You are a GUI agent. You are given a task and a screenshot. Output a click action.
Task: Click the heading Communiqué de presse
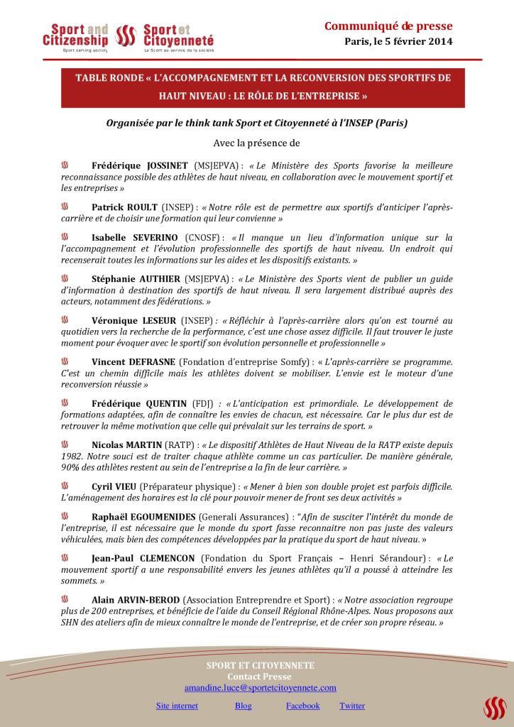click(x=388, y=26)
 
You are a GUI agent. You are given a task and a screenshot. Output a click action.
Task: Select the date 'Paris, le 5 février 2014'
click(x=398, y=41)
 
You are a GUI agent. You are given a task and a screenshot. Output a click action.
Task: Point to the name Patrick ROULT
click(x=124, y=207)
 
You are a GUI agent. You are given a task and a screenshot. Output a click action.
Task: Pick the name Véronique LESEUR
click(x=133, y=320)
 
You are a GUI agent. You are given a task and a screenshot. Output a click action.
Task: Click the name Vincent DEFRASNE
click(x=133, y=361)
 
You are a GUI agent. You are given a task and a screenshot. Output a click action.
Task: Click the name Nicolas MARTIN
click(x=126, y=445)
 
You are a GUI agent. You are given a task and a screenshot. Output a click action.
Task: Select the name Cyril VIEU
click(x=114, y=486)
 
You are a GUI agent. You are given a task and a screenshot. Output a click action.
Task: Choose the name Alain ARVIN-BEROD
click(x=136, y=599)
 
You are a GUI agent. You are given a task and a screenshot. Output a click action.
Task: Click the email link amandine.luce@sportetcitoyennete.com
click(x=260, y=688)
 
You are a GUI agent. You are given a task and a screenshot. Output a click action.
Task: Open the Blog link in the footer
click(x=243, y=706)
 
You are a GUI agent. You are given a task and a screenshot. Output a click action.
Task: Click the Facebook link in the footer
click(x=302, y=706)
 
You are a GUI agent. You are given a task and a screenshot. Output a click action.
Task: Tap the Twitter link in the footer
click(x=352, y=706)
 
